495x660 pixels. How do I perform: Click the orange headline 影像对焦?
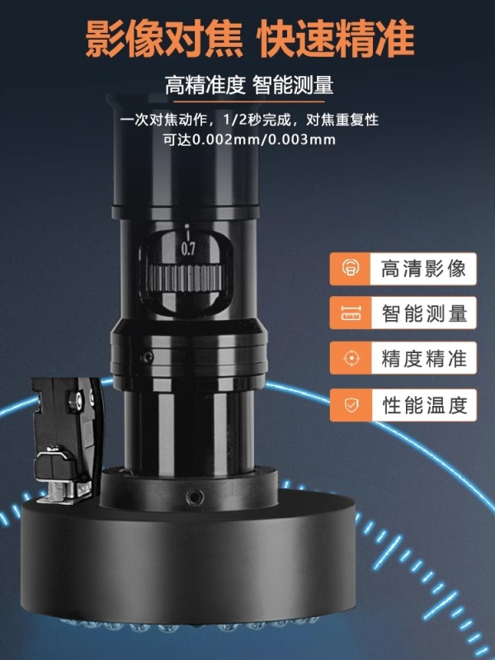164,39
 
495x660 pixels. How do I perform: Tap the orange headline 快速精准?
336,39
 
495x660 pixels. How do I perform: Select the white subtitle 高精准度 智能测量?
249,85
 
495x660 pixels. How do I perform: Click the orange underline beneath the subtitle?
249,101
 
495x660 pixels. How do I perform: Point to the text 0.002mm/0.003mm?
263,139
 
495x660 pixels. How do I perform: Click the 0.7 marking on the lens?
188,249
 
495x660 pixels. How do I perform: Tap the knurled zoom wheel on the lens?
185,278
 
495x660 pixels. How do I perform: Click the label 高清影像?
423,269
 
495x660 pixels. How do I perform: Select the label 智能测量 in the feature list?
424,313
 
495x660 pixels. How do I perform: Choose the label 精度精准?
424,358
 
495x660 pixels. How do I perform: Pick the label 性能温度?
425,405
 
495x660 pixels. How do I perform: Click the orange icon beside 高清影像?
351,268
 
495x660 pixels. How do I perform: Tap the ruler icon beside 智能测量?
351,313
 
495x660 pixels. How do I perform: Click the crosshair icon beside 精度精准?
351,358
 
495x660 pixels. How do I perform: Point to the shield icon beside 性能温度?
351,405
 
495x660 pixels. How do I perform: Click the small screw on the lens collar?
147,358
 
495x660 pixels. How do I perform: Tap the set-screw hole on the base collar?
195,497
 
